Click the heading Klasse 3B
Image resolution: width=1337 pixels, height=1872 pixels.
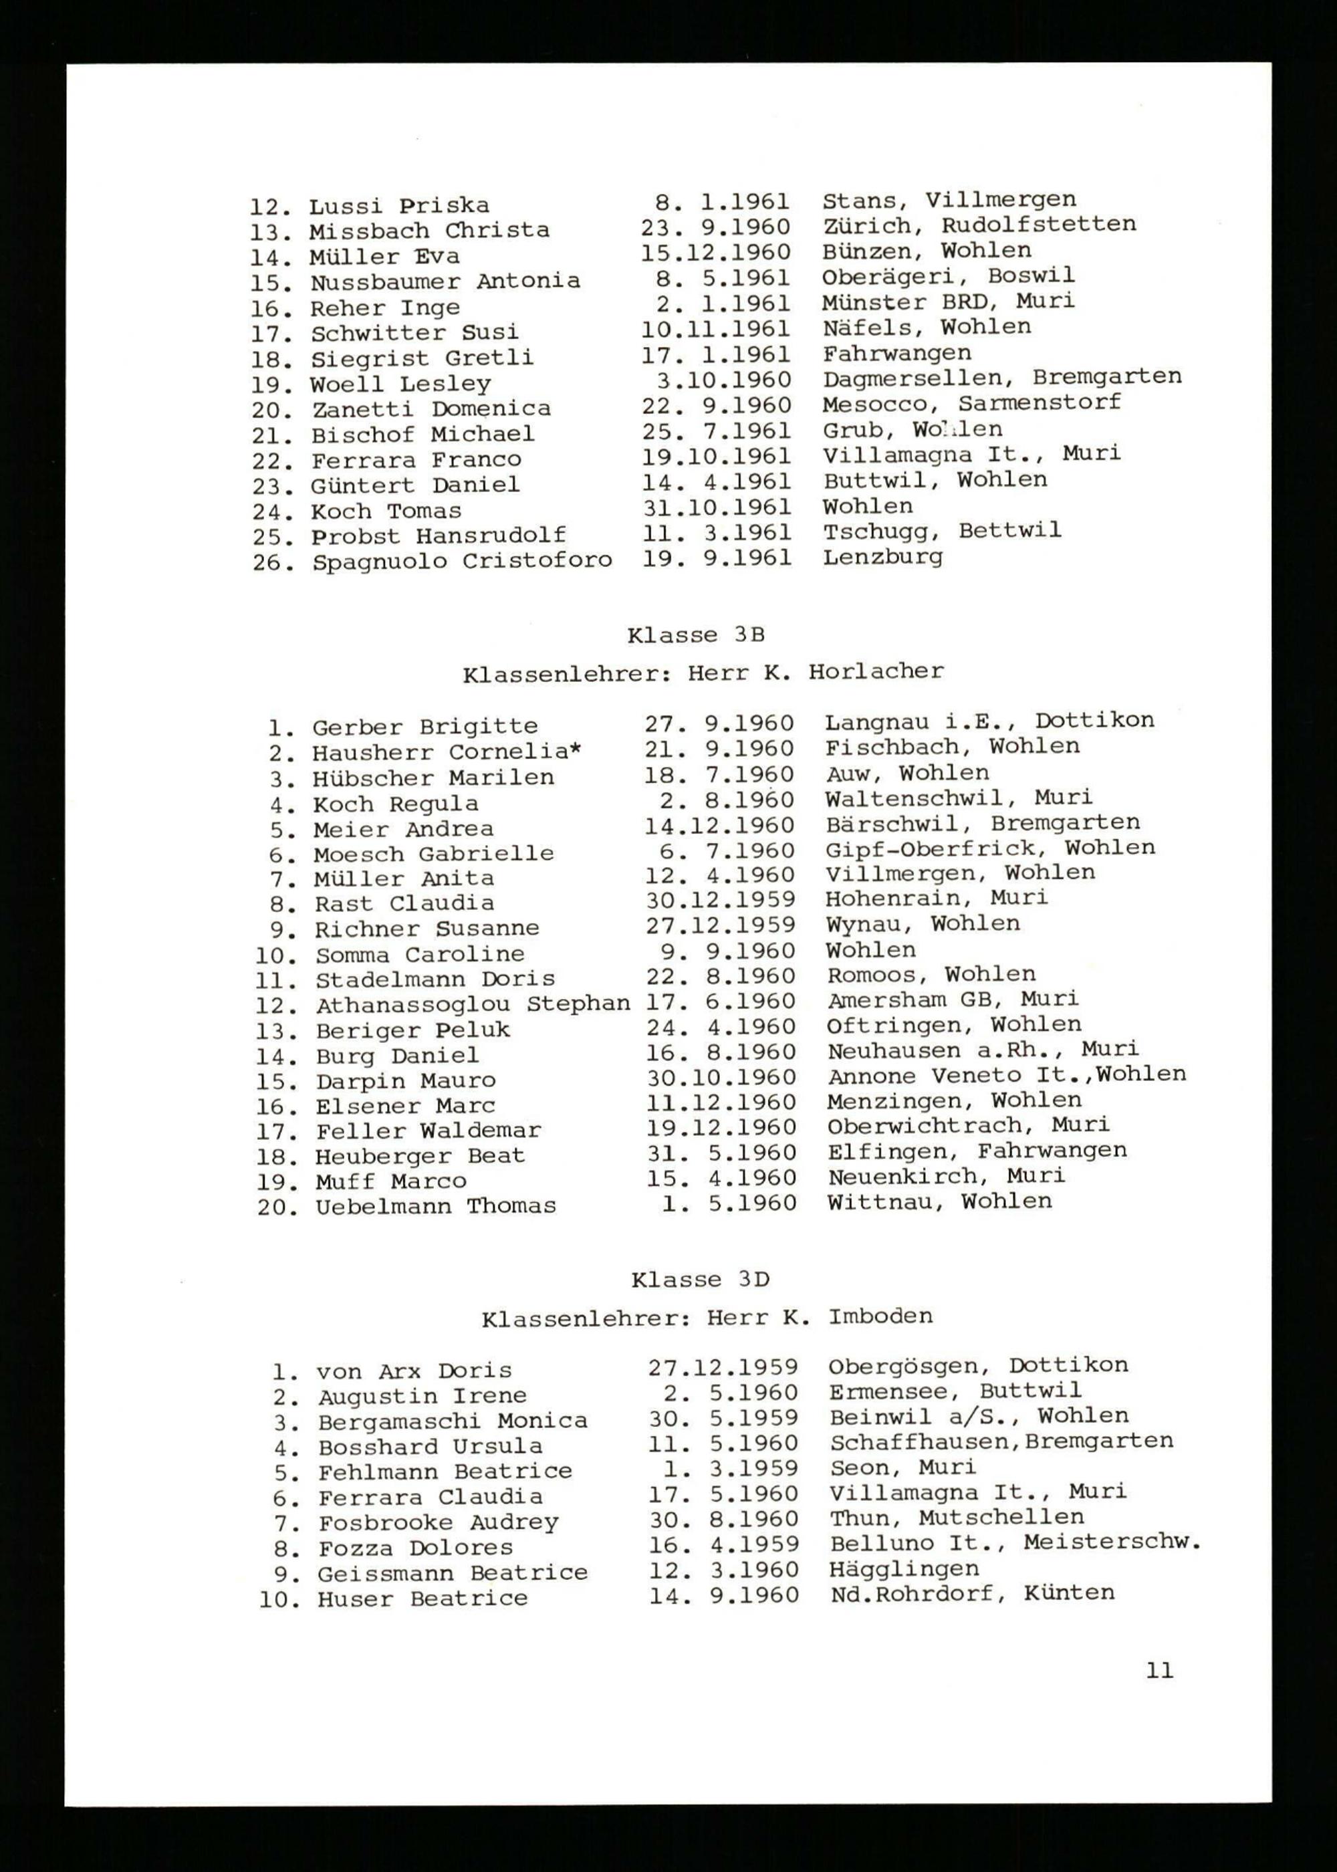(x=696, y=636)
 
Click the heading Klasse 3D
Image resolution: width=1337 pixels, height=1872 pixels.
(x=700, y=1280)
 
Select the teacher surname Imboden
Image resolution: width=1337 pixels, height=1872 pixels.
(x=880, y=1316)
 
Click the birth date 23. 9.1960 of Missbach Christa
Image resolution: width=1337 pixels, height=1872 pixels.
(x=715, y=227)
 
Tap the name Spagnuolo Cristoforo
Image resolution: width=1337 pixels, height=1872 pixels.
(x=462, y=562)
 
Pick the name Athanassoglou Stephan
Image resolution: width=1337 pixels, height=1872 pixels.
(x=473, y=1004)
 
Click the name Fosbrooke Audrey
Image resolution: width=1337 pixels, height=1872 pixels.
(x=438, y=1523)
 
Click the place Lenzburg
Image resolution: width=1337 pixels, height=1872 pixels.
(x=882, y=558)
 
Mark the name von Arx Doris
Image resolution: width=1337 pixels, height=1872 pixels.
(x=414, y=1371)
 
